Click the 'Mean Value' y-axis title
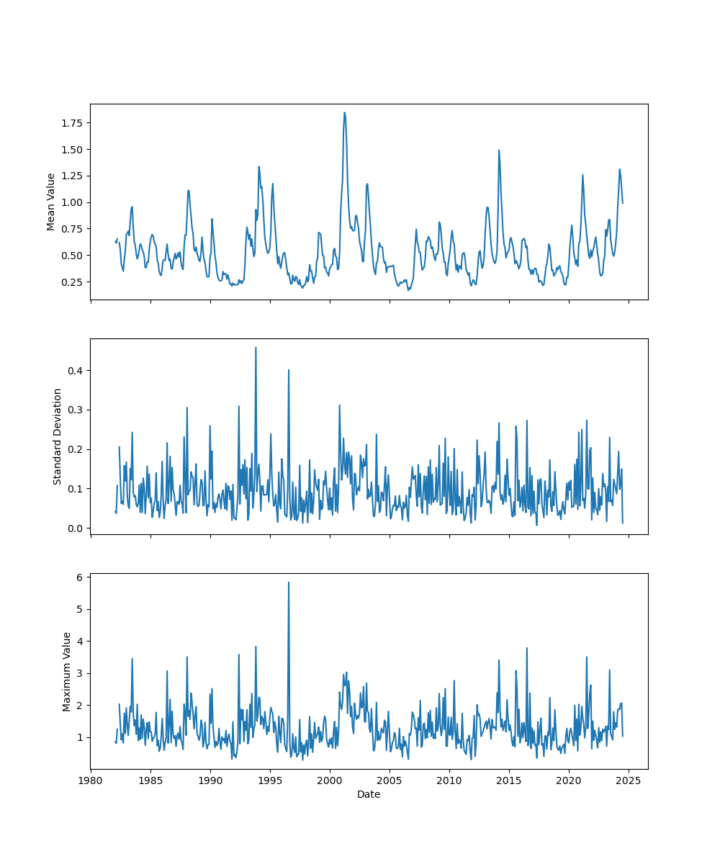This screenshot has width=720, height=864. click(x=51, y=202)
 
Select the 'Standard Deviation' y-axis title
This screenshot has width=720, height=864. click(x=58, y=436)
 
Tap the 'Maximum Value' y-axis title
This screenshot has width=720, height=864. click(x=67, y=672)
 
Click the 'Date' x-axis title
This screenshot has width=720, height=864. click(x=369, y=794)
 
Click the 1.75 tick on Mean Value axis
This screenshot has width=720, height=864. click(x=72, y=123)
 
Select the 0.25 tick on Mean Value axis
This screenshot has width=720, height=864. click(x=72, y=282)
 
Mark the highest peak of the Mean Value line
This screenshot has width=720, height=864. click(x=344, y=112)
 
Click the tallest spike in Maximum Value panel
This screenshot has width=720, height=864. click(x=289, y=582)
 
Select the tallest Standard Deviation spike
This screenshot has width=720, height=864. click(x=256, y=347)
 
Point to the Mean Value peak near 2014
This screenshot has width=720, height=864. click(x=498, y=150)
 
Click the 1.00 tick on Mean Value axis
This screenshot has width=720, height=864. click(x=72, y=202)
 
